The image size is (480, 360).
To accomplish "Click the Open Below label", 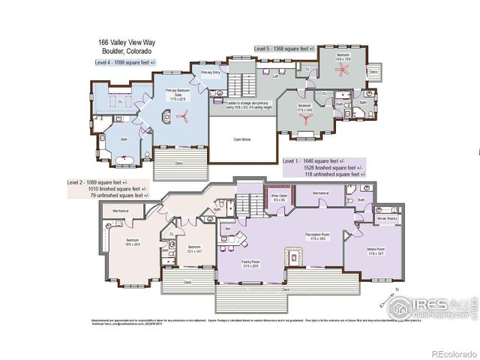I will pyautogui.click(x=242, y=139).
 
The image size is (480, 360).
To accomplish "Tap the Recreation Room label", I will pyautogui.click(x=319, y=236).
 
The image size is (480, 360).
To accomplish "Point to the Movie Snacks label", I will pyautogui.click(x=388, y=218).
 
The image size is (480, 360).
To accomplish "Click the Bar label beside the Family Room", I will pyautogui.click(x=228, y=228).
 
